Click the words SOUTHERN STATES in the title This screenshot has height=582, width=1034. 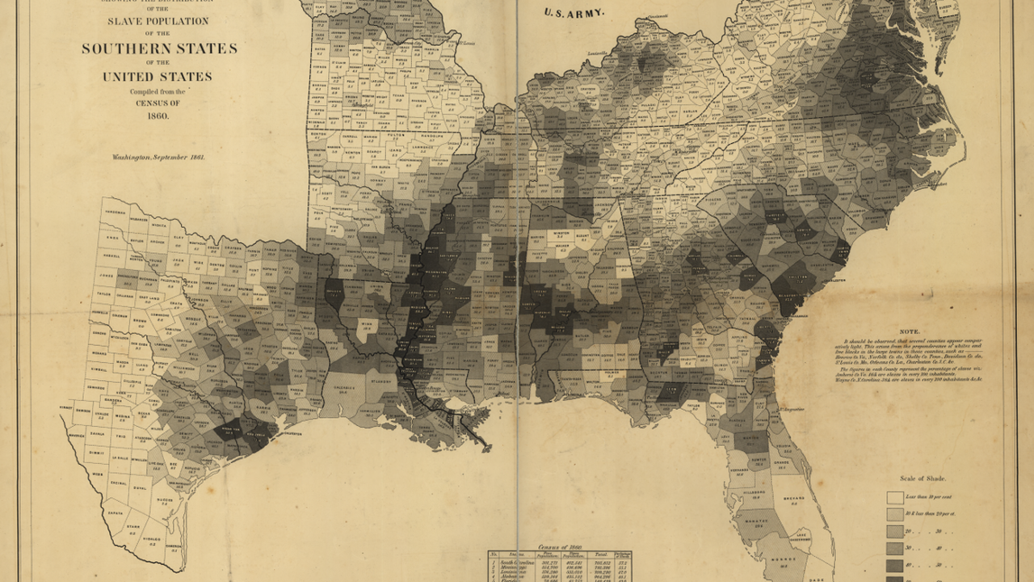pos(159,48)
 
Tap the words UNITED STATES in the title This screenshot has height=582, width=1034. pos(158,77)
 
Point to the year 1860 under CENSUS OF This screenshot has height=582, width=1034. pos(158,116)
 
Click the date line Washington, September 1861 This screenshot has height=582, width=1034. pos(158,157)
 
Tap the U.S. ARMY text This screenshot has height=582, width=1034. pos(574,13)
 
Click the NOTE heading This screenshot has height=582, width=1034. pos(910,331)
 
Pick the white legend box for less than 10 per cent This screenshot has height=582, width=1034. pos(895,497)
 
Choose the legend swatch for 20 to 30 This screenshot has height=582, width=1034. pos(895,531)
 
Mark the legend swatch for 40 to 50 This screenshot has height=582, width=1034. pos(895,565)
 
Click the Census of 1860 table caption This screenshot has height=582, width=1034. pos(560,548)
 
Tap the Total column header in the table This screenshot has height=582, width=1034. pos(600,556)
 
